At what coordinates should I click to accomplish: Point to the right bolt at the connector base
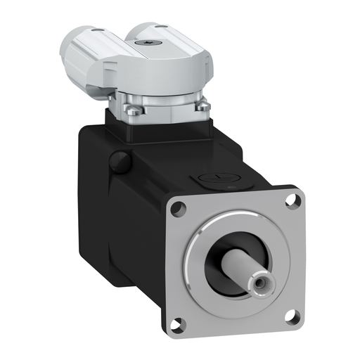(202, 108)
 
